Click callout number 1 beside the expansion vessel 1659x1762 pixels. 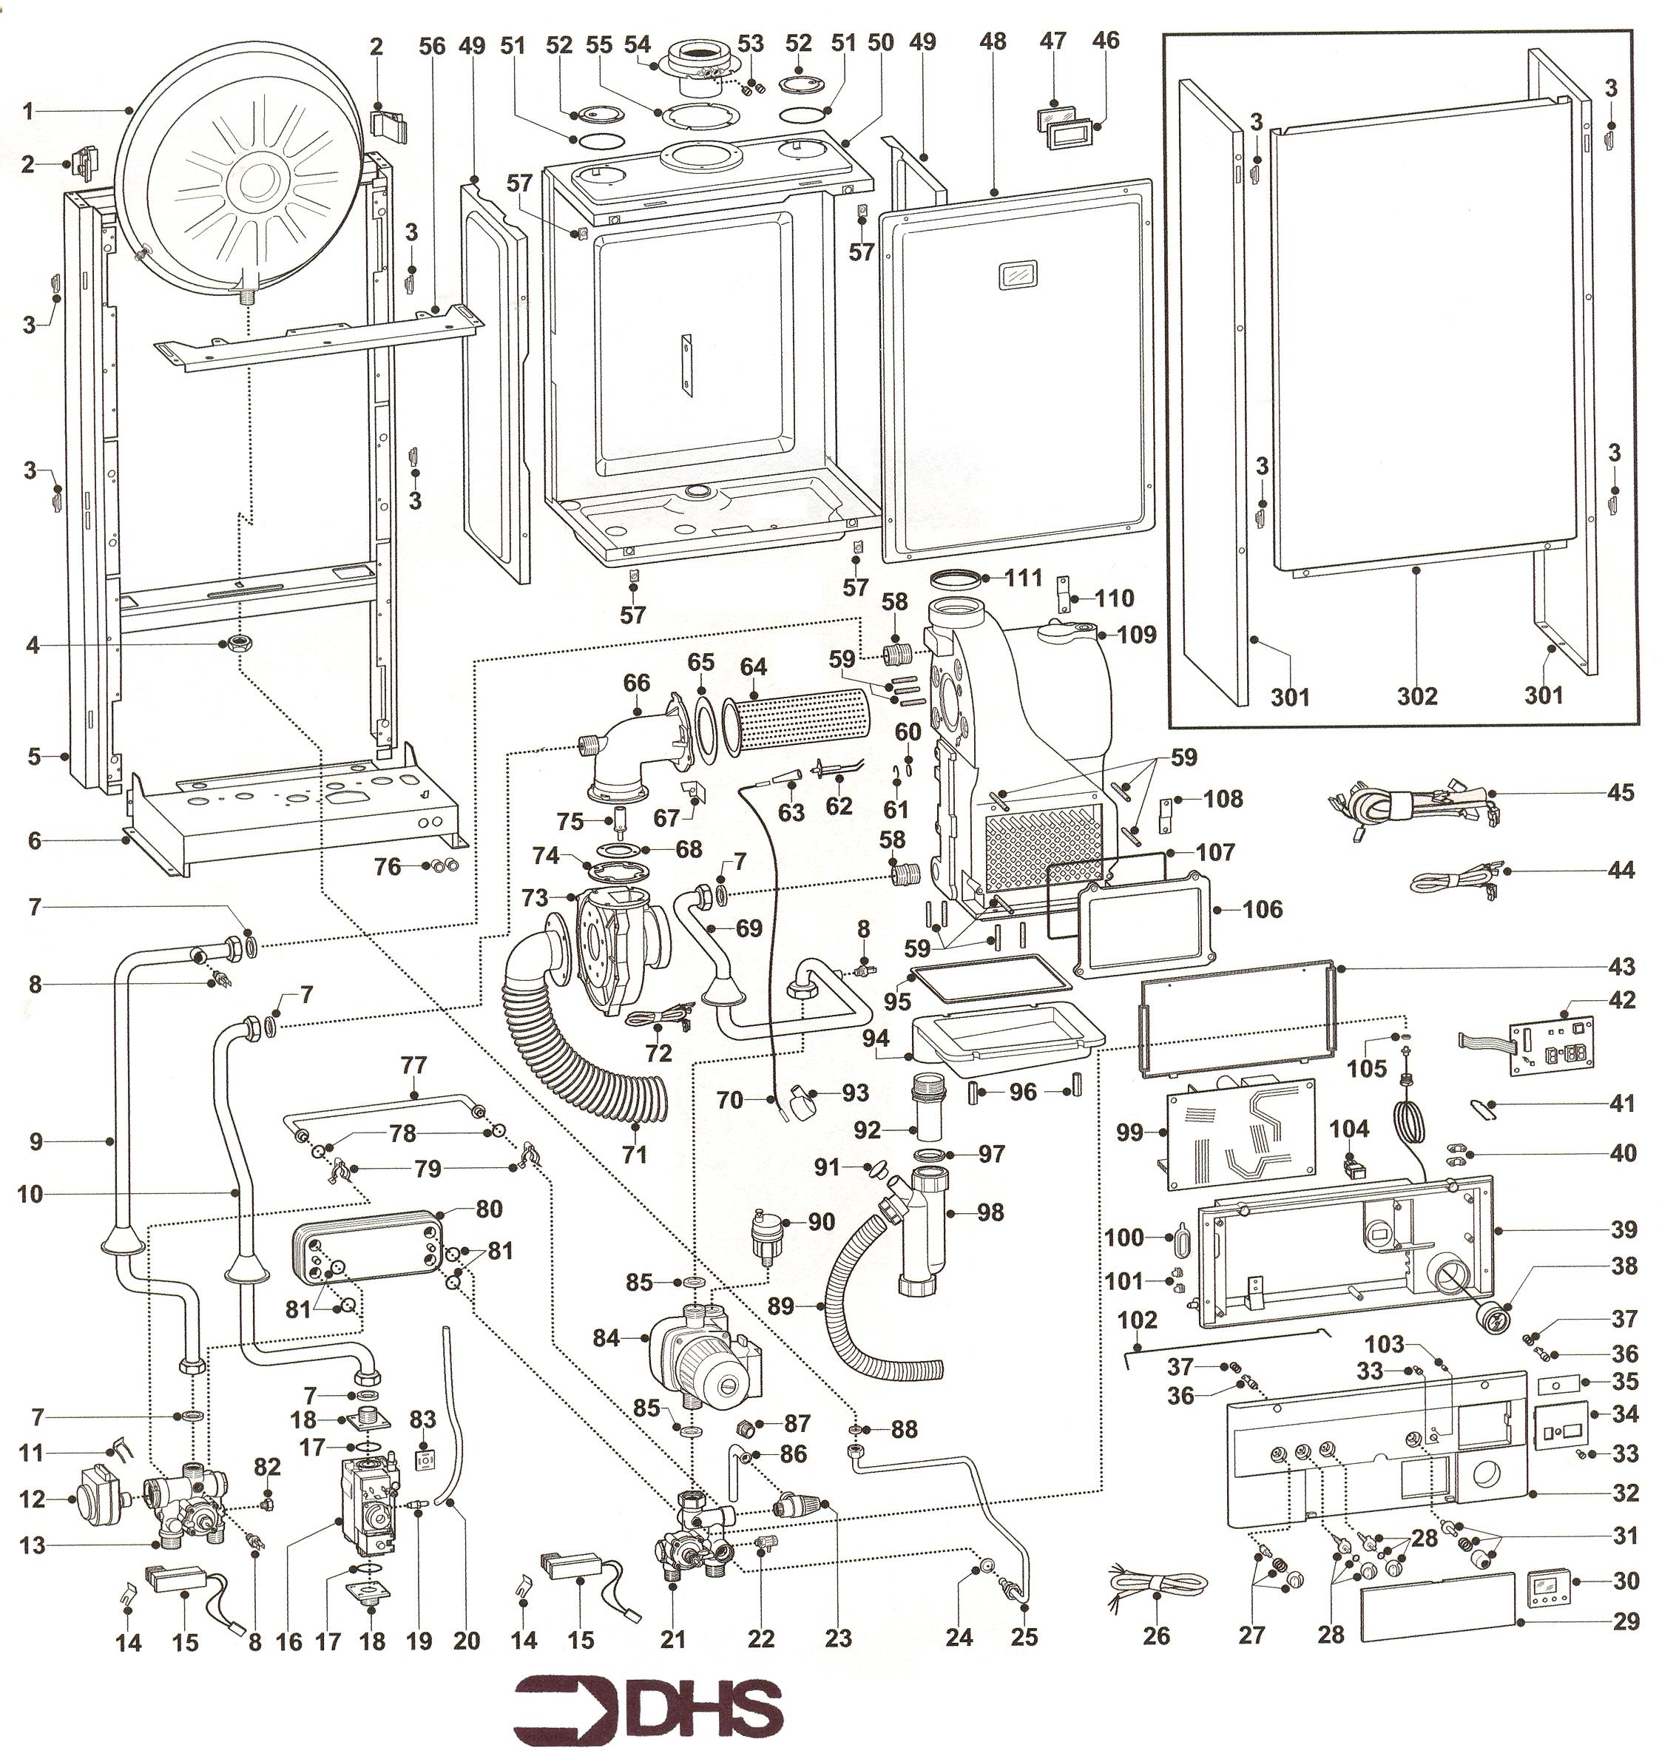[28, 112]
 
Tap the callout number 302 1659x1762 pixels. [1416, 696]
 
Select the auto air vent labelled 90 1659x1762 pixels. [761, 1234]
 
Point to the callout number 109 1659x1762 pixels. [1135, 635]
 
